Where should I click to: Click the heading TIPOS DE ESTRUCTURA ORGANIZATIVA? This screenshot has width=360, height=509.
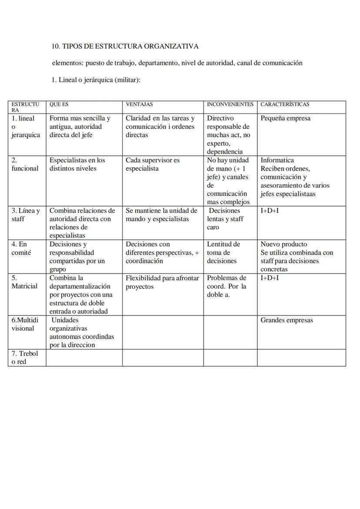tap(130, 46)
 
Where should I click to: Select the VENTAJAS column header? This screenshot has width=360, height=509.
tap(139, 104)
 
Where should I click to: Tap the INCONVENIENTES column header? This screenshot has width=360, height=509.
tap(230, 104)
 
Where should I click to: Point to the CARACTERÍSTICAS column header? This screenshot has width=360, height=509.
tap(285, 104)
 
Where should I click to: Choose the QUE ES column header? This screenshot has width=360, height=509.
tap(59, 104)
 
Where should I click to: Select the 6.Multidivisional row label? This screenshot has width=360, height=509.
tap(25, 324)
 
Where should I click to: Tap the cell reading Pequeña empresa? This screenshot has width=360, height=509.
tap(285, 118)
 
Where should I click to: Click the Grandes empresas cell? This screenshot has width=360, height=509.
tap(287, 320)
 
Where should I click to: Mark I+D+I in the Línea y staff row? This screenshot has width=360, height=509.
tap(270, 211)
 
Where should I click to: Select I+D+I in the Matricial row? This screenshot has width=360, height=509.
tap(270, 278)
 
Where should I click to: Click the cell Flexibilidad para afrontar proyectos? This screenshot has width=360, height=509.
tap(162, 282)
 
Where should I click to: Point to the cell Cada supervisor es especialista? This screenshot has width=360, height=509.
tap(152, 164)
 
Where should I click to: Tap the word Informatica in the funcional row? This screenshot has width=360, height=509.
tap(277, 160)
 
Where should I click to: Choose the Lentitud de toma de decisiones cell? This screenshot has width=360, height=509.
tap(223, 253)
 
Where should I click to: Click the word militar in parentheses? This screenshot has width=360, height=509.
tap(127, 80)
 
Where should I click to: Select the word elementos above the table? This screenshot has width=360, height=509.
tap(67, 63)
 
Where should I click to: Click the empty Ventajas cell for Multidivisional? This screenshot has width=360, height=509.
tap(163, 332)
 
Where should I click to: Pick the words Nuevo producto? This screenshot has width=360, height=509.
tap(283, 244)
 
